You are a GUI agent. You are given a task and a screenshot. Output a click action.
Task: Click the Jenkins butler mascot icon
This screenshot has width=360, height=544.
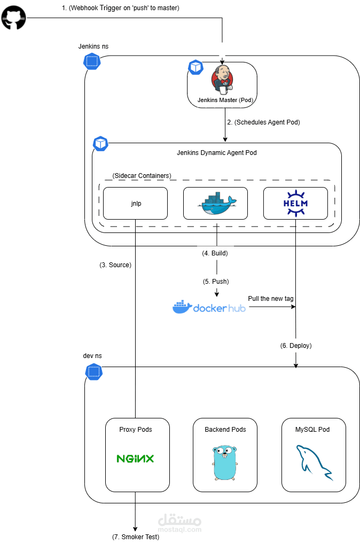(x=222, y=80)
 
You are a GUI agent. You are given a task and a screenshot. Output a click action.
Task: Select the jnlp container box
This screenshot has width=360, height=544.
(x=135, y=203)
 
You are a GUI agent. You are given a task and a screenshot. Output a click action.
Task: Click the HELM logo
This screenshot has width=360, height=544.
(x=295, y=204)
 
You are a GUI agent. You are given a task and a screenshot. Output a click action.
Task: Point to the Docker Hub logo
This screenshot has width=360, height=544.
(x=209, y=307)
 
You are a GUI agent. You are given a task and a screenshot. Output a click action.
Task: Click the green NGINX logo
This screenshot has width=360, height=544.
(x=136, y=458)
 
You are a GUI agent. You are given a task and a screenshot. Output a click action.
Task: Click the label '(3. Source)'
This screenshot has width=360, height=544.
(x=115, y=265)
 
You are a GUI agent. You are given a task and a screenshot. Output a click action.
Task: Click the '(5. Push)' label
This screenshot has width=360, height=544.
(x=216, y=281)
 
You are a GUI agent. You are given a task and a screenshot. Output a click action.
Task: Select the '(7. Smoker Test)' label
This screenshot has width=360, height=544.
(x=136, y=537)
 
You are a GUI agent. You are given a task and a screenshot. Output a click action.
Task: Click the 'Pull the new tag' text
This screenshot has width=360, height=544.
(x=270, y=298)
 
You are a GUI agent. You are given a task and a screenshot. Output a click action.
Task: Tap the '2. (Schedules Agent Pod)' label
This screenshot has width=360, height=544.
(x=263, y=122)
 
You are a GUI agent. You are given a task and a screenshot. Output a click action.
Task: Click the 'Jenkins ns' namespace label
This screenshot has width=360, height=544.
(x=93, y=47)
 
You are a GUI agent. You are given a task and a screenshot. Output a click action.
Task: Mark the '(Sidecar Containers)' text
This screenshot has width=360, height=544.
(x=142, y=176)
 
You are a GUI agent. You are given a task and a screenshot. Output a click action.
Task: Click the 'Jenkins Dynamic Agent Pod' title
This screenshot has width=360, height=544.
(x=216, y=153)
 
